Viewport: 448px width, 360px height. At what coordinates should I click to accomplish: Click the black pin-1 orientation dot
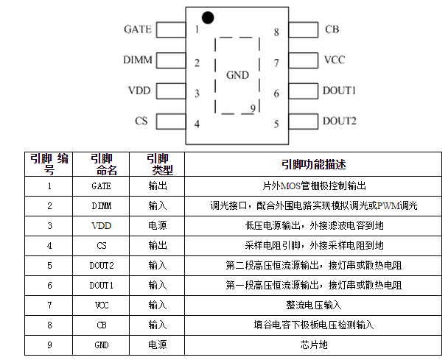tap(208, 16)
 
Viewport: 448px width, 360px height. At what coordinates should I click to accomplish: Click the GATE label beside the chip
tap(138, 29)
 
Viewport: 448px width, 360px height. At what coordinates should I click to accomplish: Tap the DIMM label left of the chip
tap(137, 60)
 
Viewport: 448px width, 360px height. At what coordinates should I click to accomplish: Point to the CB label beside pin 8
tap(332, 30)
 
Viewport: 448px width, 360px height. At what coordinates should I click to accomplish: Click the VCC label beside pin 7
tap(333, 60)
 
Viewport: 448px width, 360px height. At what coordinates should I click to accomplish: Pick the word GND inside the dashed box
tap(237, 75)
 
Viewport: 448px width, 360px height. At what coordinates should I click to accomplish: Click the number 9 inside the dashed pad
tap(253, 108)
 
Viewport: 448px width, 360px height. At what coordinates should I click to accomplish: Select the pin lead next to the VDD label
tap(170, 91)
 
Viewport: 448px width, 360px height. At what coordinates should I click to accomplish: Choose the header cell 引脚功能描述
tap(314, 163)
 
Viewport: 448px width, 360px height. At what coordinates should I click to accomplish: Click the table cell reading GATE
tap(102, 186)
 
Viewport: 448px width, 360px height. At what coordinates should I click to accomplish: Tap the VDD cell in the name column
tap(102, 225)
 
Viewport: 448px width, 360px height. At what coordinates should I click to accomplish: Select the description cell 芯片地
tap(314, 344)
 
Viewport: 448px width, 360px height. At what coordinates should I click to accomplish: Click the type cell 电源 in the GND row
tap(158, 344)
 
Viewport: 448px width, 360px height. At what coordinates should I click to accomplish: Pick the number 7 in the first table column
tap(49, 304)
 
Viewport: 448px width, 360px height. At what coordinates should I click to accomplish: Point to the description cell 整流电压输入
tap(314, 304)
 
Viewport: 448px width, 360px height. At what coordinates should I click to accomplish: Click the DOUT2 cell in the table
tap(102, 265)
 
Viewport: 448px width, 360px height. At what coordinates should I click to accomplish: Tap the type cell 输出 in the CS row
tap(158, 245)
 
